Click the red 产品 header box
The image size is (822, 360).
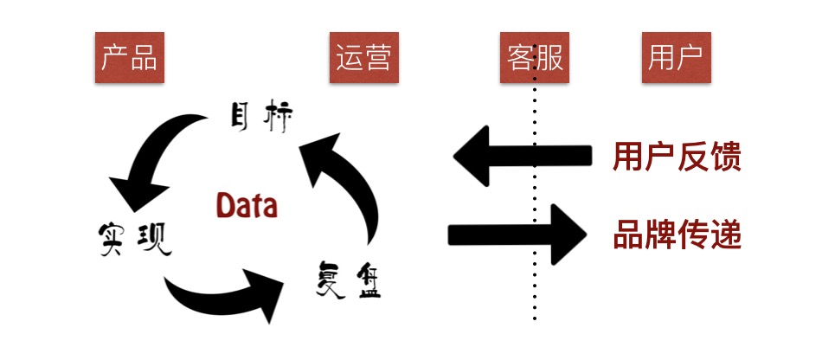click(x=130, y=58)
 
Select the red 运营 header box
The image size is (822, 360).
click(x=364, y=58)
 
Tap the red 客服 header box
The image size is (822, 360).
click(x=535, y=58)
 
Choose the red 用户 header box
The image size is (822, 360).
click(x=676, y=58)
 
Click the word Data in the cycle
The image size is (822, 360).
click(x=247, y=206)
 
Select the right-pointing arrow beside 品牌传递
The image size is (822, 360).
click(x=519, y=234)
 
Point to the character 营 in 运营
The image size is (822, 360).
click(x=379, y=58)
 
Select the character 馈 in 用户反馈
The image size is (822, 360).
click(x=726, y=157)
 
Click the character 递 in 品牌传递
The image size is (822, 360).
click(x=726, y=234)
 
